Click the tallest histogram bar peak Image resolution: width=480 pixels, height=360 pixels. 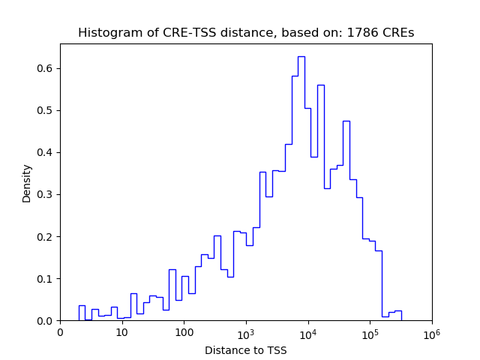tap(301, 57)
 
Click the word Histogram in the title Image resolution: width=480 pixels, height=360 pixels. tap(105, 33)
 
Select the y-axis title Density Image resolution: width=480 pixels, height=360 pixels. tap(27, 183)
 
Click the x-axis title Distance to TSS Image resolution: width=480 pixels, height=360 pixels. tap(245, 350)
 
